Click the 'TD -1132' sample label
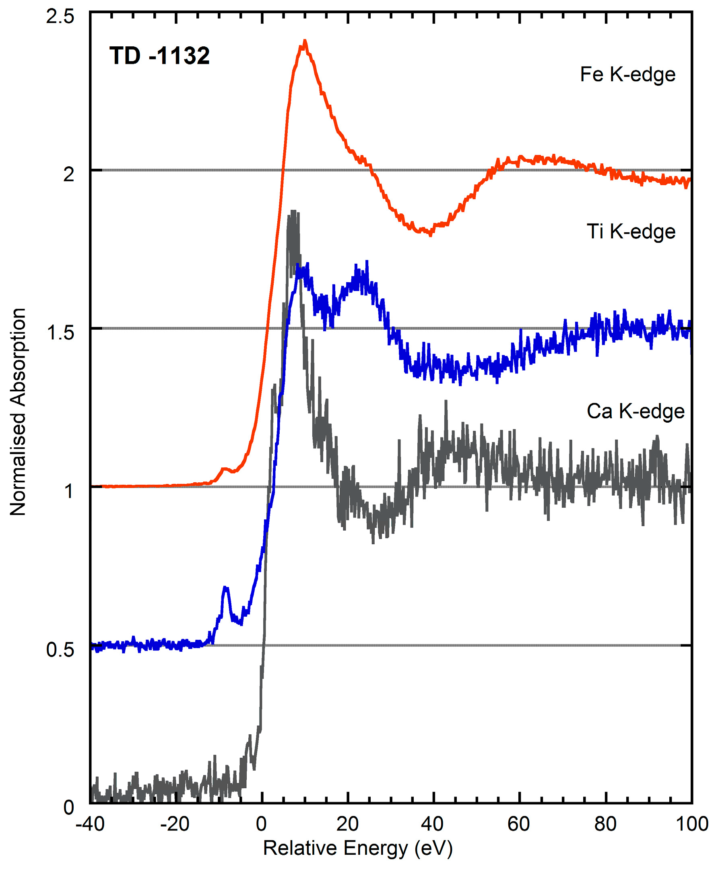[x=159, y=56]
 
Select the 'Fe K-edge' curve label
[x=627, y=75]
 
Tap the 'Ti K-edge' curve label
[x=631, y=231]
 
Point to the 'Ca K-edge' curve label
[x=635, y=411]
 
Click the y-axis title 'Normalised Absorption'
[x=18, y=411]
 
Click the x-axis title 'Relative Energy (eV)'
[x=358, y=849]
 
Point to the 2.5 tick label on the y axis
[x=60, y=17]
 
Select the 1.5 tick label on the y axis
[x=60, y=332]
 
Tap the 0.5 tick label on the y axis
[x=60, y=649]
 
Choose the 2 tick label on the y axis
[x=68, y=175]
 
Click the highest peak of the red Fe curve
[x=305, y=41]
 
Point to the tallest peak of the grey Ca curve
[x=293, y=212]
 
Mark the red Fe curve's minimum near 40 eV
[x=430, y=234]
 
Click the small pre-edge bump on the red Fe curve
[x=224, y=469]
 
